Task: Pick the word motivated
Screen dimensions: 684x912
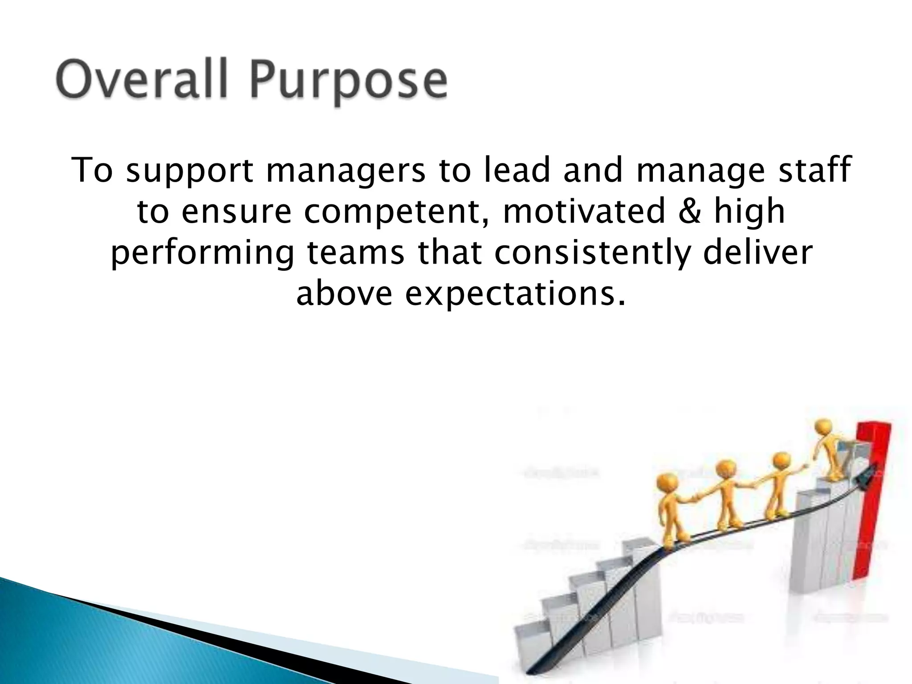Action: (584, 211)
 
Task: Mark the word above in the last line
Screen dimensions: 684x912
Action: (344, 293)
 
